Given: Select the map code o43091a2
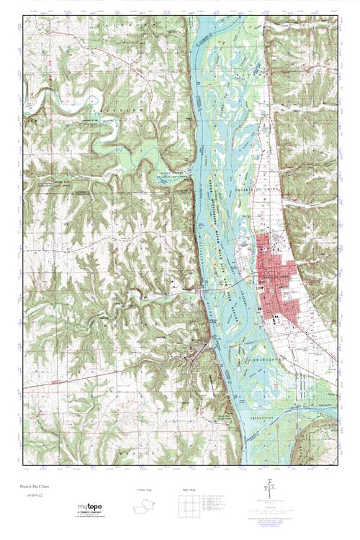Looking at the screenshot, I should point(33,495).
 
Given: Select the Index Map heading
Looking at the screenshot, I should point(188,490).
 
